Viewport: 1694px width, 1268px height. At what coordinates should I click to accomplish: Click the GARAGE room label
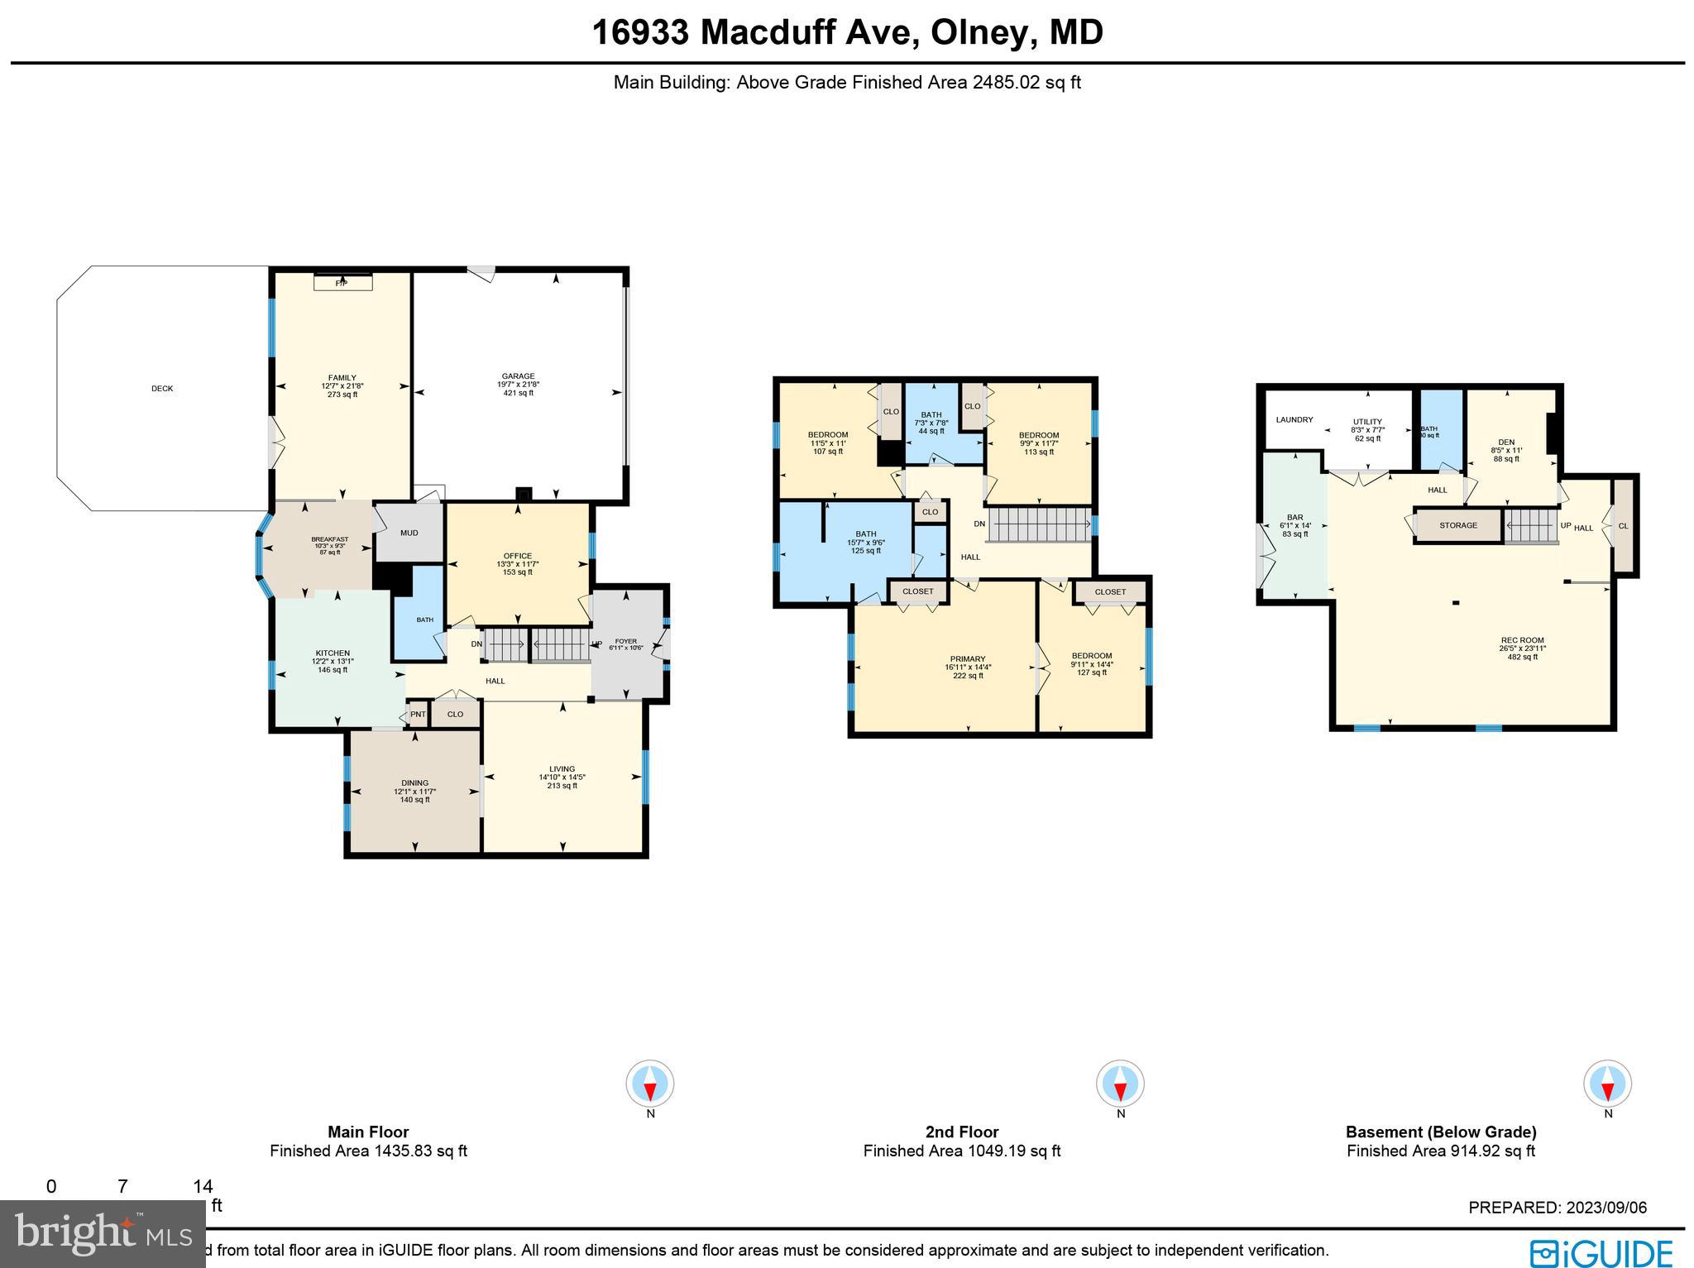click(519, 376)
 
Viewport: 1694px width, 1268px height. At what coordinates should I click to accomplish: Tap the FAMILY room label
click(342, 378)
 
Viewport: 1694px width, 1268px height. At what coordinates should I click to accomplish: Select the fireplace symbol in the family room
click(342, 283)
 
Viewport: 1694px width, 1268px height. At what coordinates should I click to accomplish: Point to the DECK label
click(162, 389)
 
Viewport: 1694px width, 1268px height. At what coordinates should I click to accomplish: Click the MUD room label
click(409, 533)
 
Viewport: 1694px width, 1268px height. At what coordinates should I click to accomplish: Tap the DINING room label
click(414, 783)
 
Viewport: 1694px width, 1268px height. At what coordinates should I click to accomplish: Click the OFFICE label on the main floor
click(518, 556)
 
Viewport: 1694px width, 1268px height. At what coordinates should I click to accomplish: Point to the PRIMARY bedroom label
click(968, 659)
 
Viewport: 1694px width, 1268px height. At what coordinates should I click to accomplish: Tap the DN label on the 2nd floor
click(979, 524)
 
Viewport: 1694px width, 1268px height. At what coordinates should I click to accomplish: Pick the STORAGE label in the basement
click(1457, 525)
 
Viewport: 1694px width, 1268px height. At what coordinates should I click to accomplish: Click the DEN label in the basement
click(1505, 443)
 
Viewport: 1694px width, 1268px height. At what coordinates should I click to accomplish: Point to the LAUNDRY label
click(1294, 420)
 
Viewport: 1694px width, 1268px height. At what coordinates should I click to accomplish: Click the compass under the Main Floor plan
click(650, 1084)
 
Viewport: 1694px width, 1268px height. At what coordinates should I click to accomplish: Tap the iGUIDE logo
click(1601, 1252)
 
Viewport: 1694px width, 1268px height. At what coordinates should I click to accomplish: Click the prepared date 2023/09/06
click(1604, 1208)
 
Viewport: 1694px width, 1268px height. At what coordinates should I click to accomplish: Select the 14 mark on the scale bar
click(203, 1187)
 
